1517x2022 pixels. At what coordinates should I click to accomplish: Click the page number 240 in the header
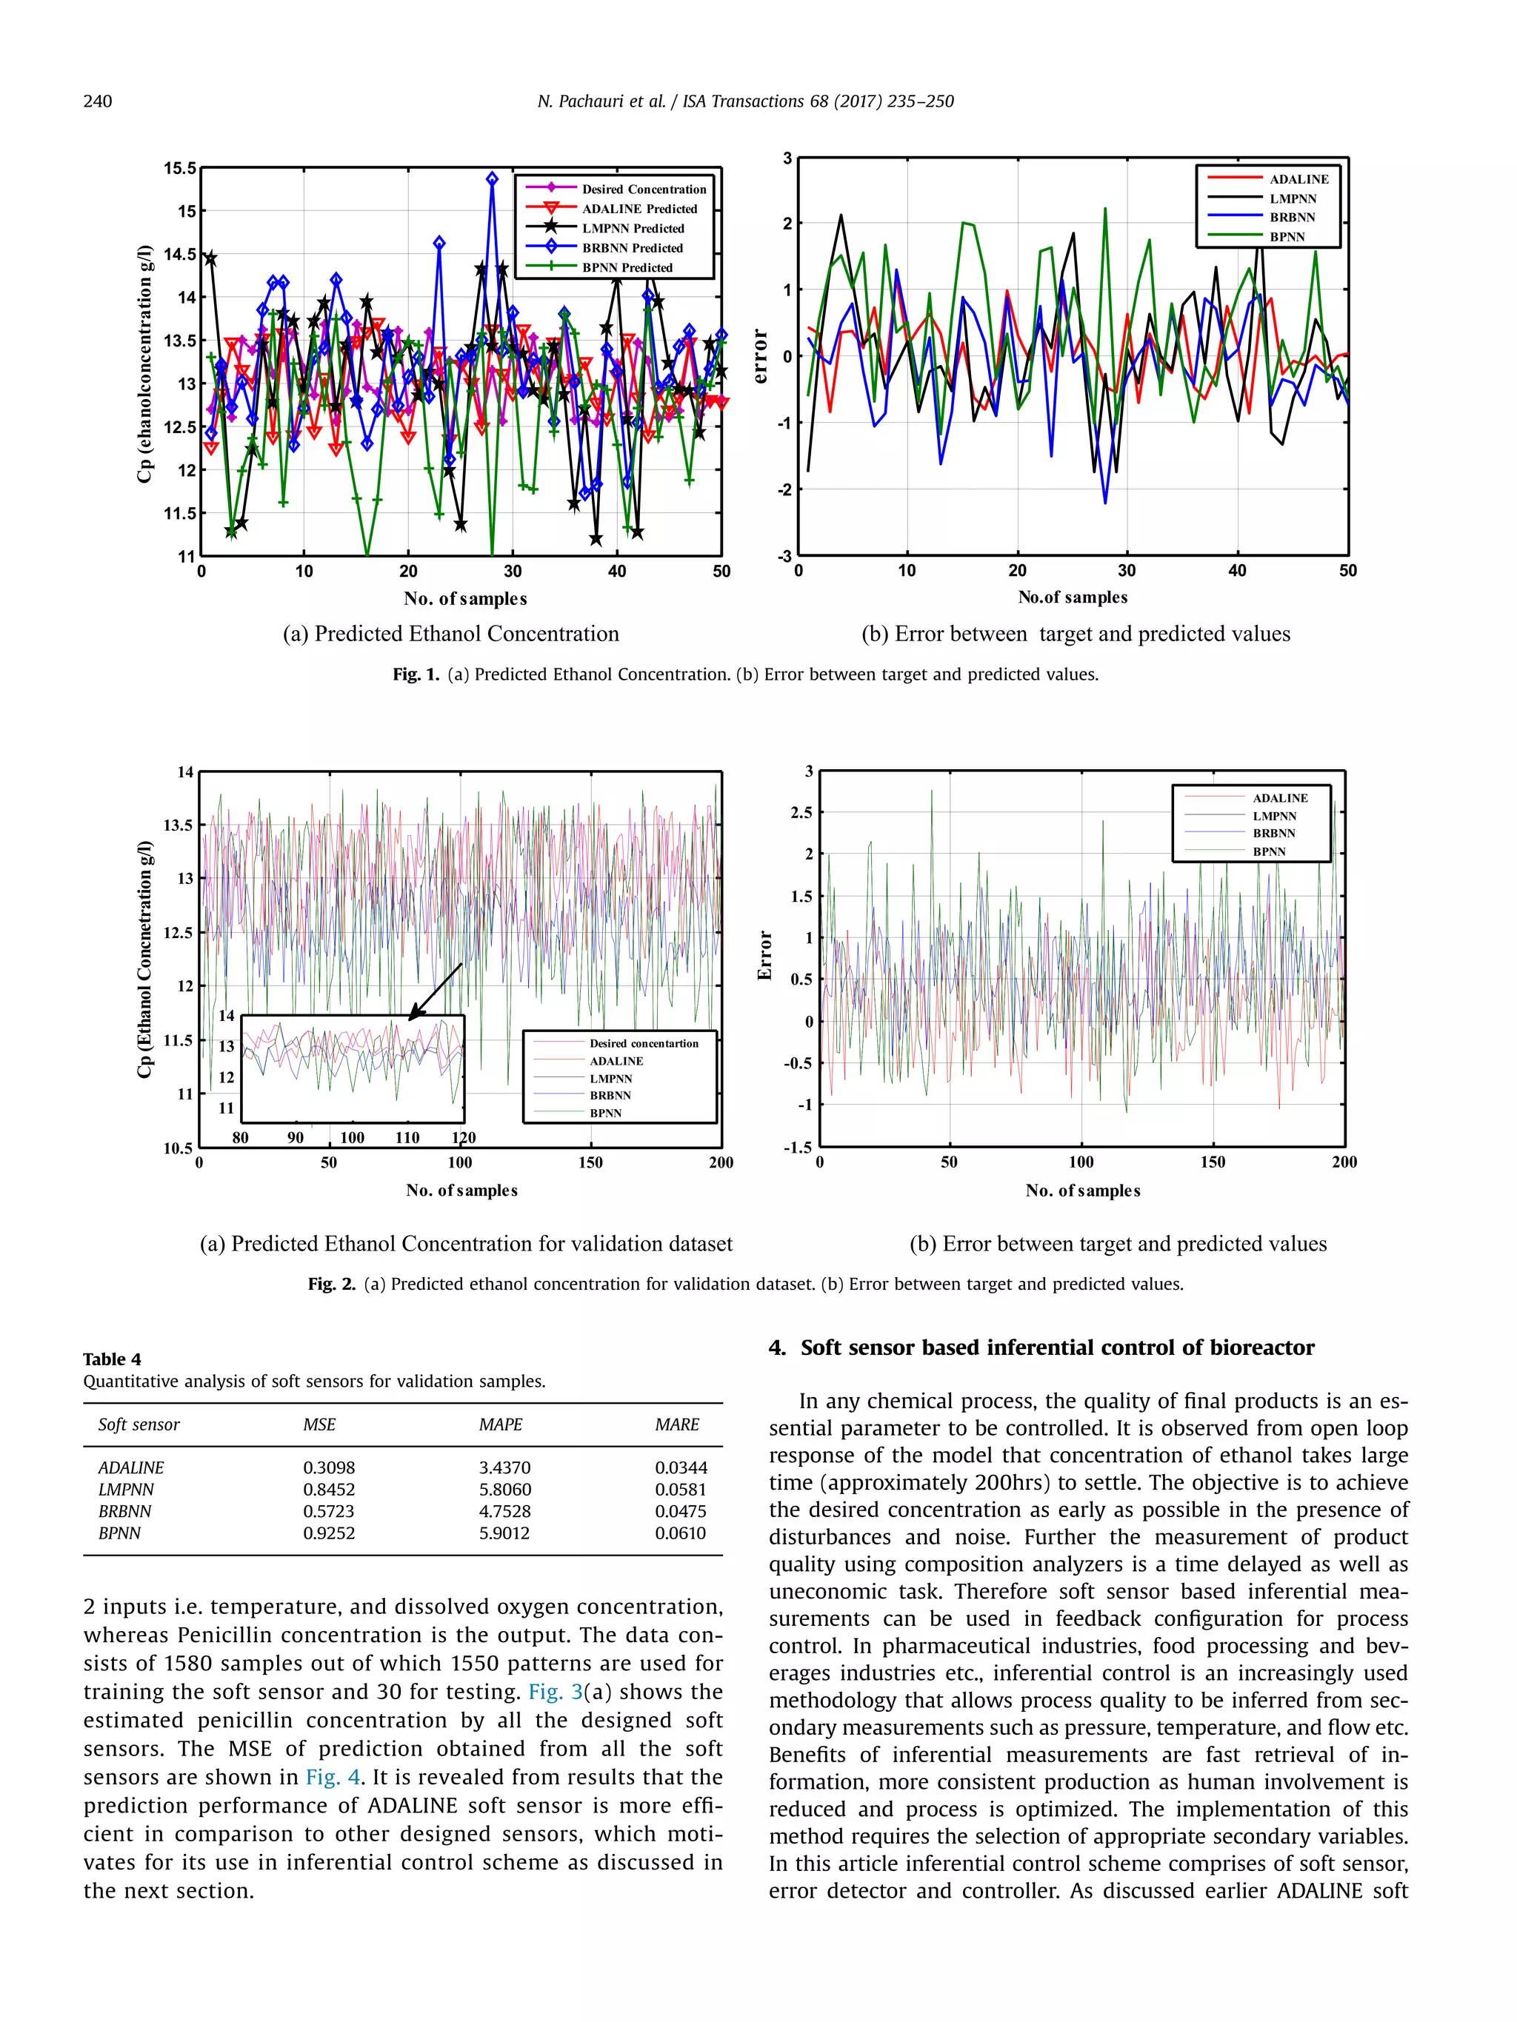pyautogui.click(x=97, y=101)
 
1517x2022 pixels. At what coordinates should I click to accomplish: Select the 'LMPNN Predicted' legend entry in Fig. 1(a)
pyautogui.click(x=633, y=229)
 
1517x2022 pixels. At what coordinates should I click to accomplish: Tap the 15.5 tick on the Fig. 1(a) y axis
pyautogui.click(x=180, y=168)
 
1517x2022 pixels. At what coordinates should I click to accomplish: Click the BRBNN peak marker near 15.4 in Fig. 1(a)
pyautogui.click(x=492, y=179)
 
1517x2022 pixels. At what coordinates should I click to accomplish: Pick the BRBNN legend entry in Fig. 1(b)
pyautogui.click(x=1292, y=218)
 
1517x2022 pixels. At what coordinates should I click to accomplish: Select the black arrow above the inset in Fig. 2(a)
pyautogui.click(x=436, y=991)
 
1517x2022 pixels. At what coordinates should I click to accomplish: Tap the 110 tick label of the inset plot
pyautogui.click(x=407, y=1138)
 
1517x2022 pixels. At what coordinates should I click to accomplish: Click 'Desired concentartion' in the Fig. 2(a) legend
pyautogui.click(x=644, y=1043)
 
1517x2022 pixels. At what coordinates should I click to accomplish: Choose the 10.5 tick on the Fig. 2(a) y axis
pyautogui.click(x=179, y=1148)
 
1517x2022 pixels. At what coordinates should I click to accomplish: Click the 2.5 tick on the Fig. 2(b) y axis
pyautogui.click(x=801, y=813)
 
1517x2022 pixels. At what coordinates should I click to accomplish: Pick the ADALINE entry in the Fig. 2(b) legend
pyautogui.click(x=1280, y=798)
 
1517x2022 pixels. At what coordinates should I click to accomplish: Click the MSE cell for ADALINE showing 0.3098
pyautogui.click(x=328, y=1467)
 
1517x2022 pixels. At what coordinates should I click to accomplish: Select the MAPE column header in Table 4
pyautogui.click(x=500, y=1425)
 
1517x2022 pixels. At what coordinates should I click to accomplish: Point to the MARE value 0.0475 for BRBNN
pyautogui.click(x=679, y=1511)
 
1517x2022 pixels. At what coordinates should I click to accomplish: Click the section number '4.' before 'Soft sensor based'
pyautogui.click(x=777, y=1348)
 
